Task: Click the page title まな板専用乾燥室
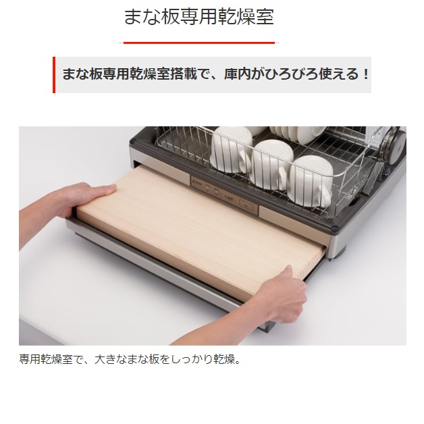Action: pos(199,17)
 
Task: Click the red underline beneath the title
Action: pos(199,43)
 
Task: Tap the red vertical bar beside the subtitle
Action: pos(54,75)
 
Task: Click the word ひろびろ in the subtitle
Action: pos(292,74)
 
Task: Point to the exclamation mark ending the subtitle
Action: pos(366,74)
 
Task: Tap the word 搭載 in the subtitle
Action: pos(184,74)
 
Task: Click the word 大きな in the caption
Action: pos(110,360)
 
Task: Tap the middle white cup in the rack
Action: pos(271,165)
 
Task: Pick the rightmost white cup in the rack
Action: pos(311,182)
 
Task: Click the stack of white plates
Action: pos(295,134)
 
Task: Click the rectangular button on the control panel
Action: pos(246,206)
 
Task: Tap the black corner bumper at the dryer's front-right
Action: pos(335,228)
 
